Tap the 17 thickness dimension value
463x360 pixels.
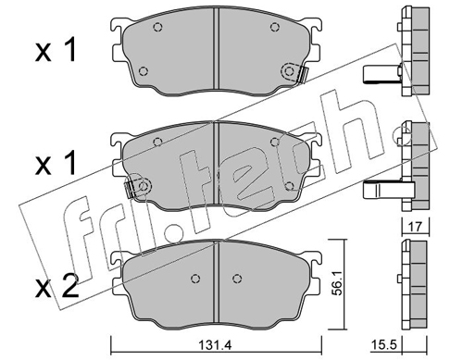pos(416,227)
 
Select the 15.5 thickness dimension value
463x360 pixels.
pos(383,344)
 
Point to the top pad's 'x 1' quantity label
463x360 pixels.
pos(56,51)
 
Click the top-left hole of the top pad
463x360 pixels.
pos(157,28)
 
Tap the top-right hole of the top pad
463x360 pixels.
pos(274,27)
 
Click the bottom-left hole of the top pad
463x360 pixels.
pos(144,71)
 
